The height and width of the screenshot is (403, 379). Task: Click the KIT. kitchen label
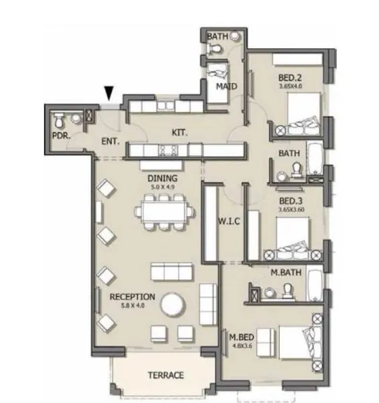179,133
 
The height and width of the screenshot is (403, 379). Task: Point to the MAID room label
224,86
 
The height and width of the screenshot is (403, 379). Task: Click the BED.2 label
291,76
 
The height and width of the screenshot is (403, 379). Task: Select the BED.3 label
291,201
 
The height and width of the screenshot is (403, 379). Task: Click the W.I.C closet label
230,221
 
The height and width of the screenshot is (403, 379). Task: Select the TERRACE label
165,376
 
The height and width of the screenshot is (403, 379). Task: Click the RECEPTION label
133,297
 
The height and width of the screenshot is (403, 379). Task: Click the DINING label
163,179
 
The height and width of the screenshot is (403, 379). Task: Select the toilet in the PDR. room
58,120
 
